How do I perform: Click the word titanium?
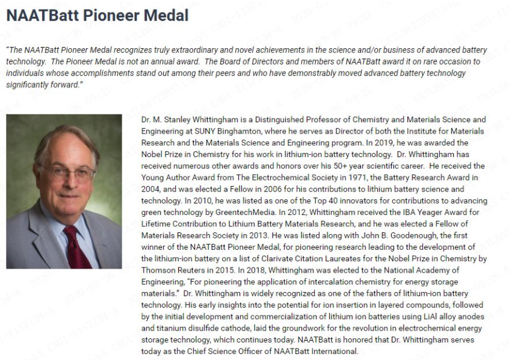pyautogui.click(x=164, y=328)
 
